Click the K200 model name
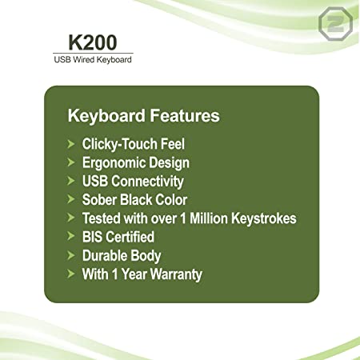(x=93, y=42)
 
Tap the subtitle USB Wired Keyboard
(x=93, y=59)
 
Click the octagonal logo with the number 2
(x=335, y=24)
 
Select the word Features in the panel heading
(x=185, y=115)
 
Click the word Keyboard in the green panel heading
(x=106, y=116)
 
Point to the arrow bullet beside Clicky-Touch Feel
(x=71, y=144)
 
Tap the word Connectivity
(x=147, y=182)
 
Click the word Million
(x=208, y=218)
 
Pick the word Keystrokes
(x=264, y=218)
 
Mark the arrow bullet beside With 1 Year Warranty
(x=71, y=274)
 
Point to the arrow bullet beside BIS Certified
(x=71, y=236)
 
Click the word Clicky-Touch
(x=120, y=145)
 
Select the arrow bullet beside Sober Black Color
(x=71, y=199)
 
